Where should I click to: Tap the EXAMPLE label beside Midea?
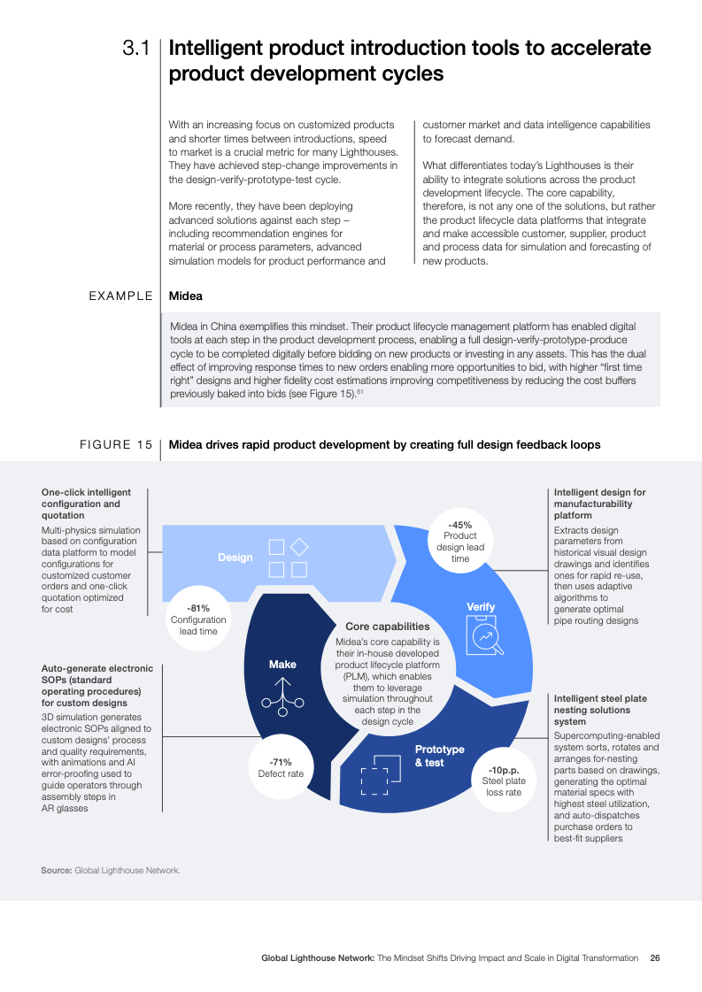coord(120,296)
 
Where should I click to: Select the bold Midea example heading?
coord(185,296)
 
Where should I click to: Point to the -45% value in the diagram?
coord(460,525)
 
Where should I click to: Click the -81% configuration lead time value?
coord(198,608)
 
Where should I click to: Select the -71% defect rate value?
coord(281,762)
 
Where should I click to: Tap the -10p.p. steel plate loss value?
coord(504,769)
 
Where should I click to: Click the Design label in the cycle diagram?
coord(235,558)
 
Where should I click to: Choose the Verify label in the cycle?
coord(481,607)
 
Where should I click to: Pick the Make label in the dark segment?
coord(282,664)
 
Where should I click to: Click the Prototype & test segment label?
coord(439,756)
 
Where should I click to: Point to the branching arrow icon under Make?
coord(282,696)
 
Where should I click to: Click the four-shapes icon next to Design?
coord(288,558)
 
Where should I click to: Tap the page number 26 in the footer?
coord(654,958)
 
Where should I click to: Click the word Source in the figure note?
coord(56,871)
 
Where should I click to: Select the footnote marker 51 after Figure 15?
coord(361,392)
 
